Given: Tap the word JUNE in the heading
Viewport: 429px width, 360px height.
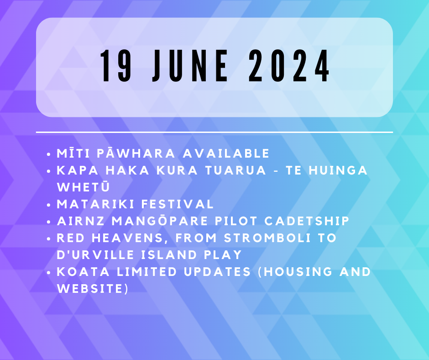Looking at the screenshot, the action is click(x=190, y=66).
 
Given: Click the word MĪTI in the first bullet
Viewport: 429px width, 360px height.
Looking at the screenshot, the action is click(x=73, y=153).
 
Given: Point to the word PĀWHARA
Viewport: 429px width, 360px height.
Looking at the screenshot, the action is click(x=136, y=153).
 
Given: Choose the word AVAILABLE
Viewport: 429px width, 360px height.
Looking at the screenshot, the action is click(x=226, y=153).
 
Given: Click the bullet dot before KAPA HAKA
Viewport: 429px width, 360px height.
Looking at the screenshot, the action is click(x=49, y=171).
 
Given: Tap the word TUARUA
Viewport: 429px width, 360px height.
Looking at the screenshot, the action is click(x=235, y=170).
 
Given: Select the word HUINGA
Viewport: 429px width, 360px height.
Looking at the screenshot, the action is click(x=338, y=170).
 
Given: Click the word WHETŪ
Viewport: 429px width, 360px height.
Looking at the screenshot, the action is click(x=84, y=187).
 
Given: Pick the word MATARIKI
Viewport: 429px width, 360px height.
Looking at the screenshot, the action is click(x=95, y=204).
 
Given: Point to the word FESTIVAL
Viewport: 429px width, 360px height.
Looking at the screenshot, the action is click(x=177, y=204).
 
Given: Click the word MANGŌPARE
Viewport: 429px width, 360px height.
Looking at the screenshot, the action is click(x=160, y=221).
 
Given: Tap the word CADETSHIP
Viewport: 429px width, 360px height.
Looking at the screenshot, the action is click(x=307, y=221).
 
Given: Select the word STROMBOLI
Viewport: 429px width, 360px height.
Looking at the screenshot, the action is click(x=267, y=238).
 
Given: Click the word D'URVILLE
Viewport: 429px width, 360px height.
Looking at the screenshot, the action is click(x=95, y=255).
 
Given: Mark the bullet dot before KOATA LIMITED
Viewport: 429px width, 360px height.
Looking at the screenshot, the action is click(x=49, y=273).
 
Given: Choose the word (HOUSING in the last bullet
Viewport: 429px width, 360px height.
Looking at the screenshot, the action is click(x=295, y=272).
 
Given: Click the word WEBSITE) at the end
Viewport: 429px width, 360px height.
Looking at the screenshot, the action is click(x=93, y=289).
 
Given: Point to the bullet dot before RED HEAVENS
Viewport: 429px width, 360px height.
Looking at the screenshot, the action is click(x=49, y=239).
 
